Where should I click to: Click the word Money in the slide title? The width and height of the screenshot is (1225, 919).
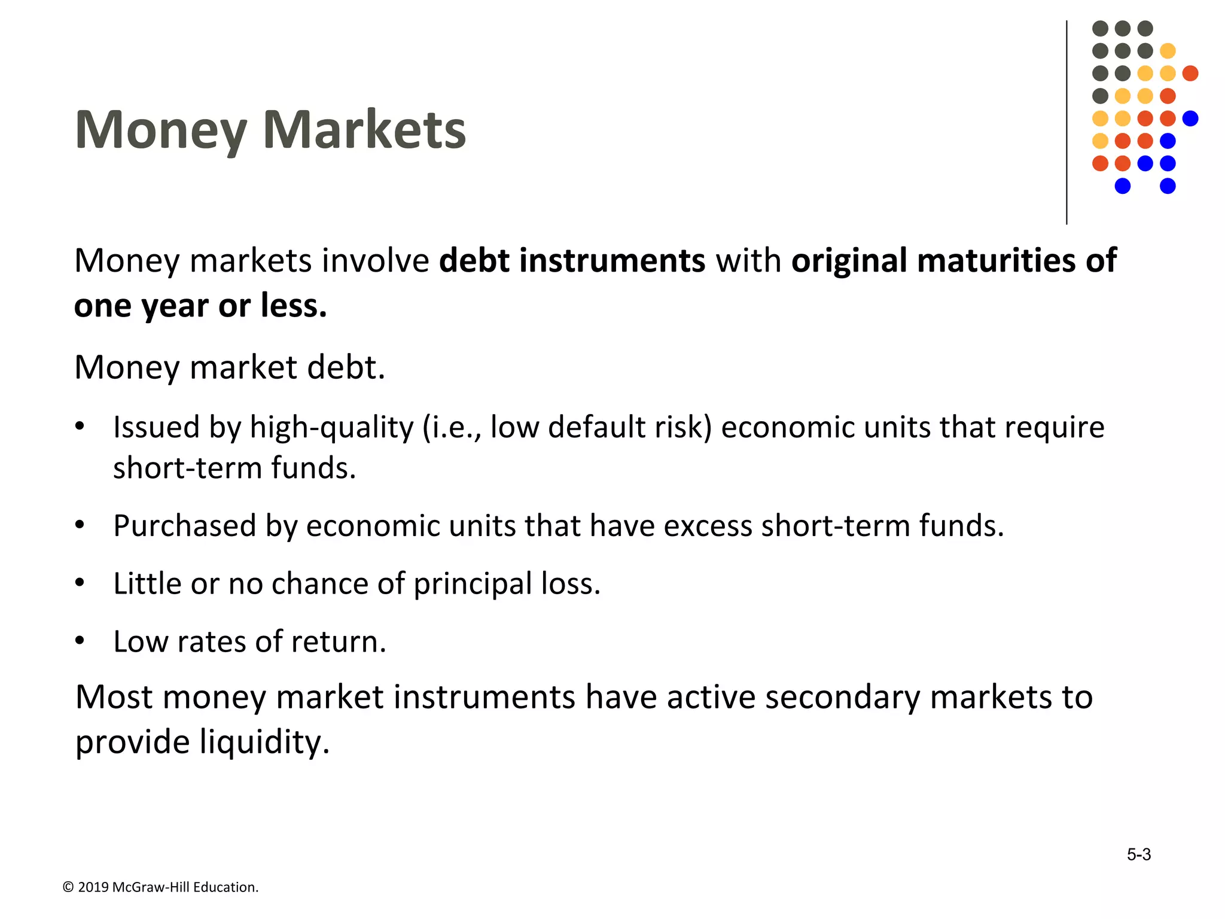(160, 130)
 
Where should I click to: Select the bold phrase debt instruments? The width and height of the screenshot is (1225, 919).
(572, 261)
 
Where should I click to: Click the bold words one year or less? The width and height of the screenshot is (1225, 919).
(200, 306)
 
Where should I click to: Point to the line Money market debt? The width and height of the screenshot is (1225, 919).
(230, 367)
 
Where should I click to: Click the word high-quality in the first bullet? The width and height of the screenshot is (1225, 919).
(331, 427)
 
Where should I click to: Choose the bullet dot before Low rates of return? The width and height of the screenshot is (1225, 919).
(80, 641)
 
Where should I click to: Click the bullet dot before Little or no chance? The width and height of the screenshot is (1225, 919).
(80, 583)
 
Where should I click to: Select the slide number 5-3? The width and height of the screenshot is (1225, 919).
(1138, 854)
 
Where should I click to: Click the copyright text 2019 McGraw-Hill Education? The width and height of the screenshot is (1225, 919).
(167, 887)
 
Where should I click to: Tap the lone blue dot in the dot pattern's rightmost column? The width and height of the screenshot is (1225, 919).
(1190, 118)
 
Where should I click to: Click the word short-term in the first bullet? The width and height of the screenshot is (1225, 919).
(187, 468)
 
